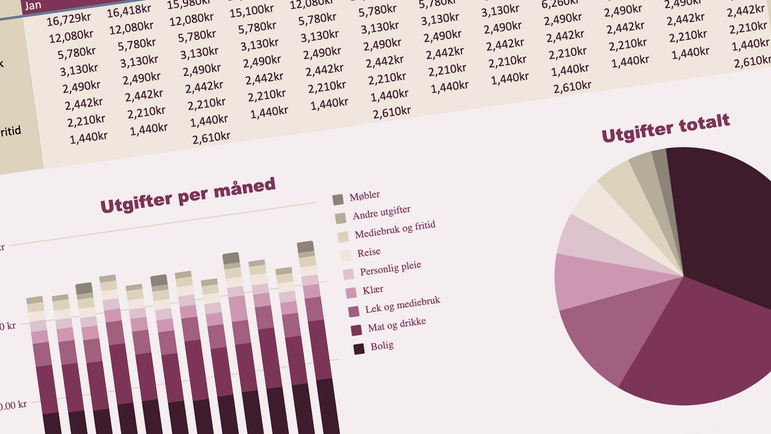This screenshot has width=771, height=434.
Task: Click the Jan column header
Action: pyautogui.click(x=33, y=6)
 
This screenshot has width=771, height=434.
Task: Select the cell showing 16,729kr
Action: pyautogui.click(x=68, y=19)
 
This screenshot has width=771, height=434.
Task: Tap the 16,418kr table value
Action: pyautogui.click(x=129, y=11)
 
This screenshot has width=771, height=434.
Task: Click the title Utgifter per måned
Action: pyautogui.click(x=188, y=195)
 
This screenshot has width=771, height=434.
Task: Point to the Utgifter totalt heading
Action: pyautogui.click(x=665, y=128)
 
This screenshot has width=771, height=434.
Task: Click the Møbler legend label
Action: pyautogui.click(x=364, y=196)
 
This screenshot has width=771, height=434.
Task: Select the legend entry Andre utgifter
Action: pyautogui.click(x=381, y=213)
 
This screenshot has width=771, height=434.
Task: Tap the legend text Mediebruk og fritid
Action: pyautogui.click(x=395, y=230)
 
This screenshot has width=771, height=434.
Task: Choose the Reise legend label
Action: pyautogui.click(x=369, y=252)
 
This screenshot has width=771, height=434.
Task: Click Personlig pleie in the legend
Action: pyautogui.click(x=390, y=269)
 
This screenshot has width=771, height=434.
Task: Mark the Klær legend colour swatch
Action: pyautogui.click(x=351, y=293)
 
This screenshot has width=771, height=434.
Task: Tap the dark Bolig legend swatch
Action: pyautogui.click(x=359, y=349)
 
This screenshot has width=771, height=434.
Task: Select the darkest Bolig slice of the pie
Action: pyautogui.click(x=723, y=223)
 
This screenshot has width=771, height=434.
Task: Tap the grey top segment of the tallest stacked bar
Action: pyautogui.click(x=305, y=246)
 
